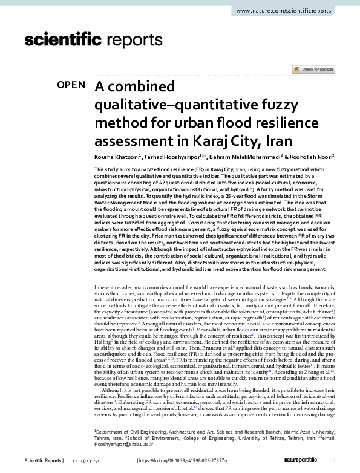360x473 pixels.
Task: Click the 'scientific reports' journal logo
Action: pyautogui.click(x=90, y=41)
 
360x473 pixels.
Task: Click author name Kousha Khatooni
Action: pyautogui.click(x=117, y=157)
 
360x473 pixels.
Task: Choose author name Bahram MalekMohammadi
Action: pyautogui.click(x=234, y=157)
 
